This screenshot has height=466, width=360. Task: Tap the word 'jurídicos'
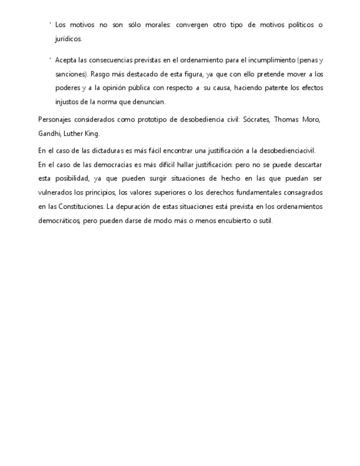pos(68,39)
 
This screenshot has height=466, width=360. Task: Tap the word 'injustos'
pos(67,102)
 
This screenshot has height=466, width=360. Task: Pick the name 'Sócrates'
pos(256,120)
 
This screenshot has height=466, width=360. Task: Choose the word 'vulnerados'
pos(56,193)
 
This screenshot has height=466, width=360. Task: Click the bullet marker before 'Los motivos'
pos(50,24)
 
